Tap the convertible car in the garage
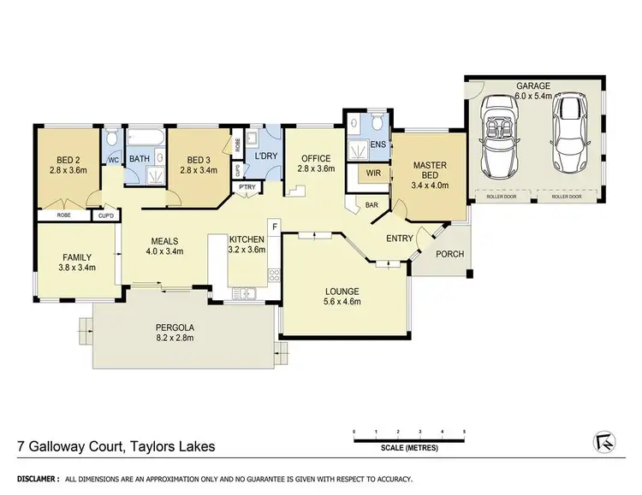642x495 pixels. pyautogui.click(x=501, y=137)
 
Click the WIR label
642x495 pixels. pyautogui.click(x=372, y=173)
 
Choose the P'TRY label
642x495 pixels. pyautogui.click(x=247, y=187)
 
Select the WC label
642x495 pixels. pyautogui.click(x=113, y=159)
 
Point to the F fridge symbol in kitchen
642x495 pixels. pyautogui.click(x=274, y=227)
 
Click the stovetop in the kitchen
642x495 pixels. pyautogui.click(x=275, y=275)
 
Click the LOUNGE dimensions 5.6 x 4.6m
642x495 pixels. pyautogui.click(x=344, y=302)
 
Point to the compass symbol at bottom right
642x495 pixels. pyautogui.click(x=604, y=440)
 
